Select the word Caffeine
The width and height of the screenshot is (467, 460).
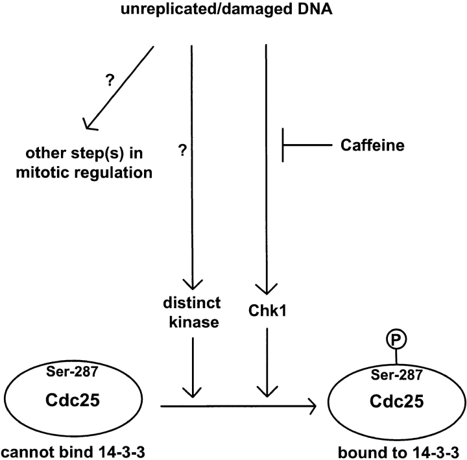(373, 146)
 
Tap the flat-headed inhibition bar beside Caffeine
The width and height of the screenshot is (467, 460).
(283, 145)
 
